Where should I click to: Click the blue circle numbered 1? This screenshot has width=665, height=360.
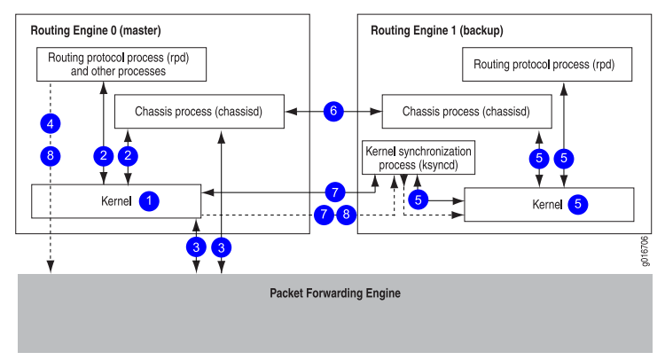(x=149, y=201)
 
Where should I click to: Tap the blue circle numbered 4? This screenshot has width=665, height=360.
(x=51, y=124)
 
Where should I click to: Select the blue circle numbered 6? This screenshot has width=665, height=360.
(x=333, y=111)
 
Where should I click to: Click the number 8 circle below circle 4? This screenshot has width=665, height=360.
(x=51, y=156)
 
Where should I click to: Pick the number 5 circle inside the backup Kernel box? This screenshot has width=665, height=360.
(x=577, y=204)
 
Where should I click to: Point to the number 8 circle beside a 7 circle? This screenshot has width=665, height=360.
(x=346, y=215)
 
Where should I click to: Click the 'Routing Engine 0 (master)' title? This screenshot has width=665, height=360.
(x=96, y=30)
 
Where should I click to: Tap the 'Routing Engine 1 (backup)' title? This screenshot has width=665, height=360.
(x=437, y=30)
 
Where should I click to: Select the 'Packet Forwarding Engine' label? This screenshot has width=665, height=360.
(x=335, y=293)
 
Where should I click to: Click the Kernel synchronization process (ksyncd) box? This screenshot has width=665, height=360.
(x=419, y=158)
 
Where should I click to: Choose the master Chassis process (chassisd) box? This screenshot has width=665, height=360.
(x=199, y=112)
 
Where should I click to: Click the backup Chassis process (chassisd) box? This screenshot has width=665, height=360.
(x=467, y=112)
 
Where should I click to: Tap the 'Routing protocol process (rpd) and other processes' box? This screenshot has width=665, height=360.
(x=121, y=65)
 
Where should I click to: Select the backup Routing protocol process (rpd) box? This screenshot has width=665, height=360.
(x=547, y=65)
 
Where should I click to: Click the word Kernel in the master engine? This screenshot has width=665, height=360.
(x=116, y=201)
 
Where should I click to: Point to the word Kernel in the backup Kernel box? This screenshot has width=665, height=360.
(x=548, y=205)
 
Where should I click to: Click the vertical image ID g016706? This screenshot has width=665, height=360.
(x=645, y=251)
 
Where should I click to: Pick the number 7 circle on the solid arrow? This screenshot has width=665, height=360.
(x=335, y=192)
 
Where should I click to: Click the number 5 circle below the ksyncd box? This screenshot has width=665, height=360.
(x=419, y=200)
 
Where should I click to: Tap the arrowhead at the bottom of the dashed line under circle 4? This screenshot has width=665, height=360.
(x=51, y=267)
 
